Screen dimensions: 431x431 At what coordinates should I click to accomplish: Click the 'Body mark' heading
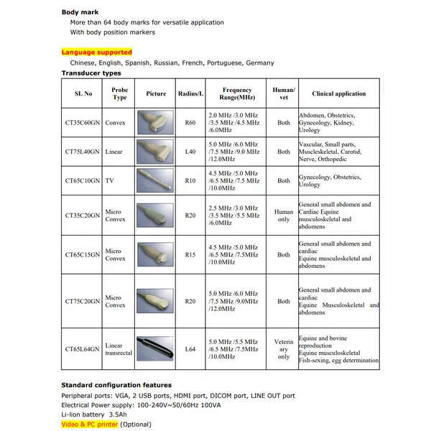(x=80, y=12)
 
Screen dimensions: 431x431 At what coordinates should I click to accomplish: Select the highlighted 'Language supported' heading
(x=97, y=52)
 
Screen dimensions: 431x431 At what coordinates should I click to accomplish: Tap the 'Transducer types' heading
(x=91, y=73)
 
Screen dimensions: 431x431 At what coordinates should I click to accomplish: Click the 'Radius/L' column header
(x=190, y=94)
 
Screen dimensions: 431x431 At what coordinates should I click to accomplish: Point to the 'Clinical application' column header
(x=338, y=94)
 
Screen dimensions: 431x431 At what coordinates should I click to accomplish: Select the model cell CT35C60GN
(x=83, y=123)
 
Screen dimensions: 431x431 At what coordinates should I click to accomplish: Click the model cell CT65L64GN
(x=83, y=349)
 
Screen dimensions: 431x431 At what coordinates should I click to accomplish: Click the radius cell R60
(x=190, y=123)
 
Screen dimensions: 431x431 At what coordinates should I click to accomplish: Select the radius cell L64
(x=190, y=349)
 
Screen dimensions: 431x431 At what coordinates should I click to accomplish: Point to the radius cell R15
(x=190, y=254)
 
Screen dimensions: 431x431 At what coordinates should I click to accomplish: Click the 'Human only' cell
(x=284, y=215)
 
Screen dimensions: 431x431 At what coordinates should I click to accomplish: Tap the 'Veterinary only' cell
(x=284, y=349)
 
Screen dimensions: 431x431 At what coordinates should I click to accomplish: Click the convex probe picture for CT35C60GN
(x=155, y=122)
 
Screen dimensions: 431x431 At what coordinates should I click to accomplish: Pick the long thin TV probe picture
(x=155, y=177)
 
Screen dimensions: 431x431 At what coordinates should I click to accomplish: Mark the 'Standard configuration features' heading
(x=116, y=385)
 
